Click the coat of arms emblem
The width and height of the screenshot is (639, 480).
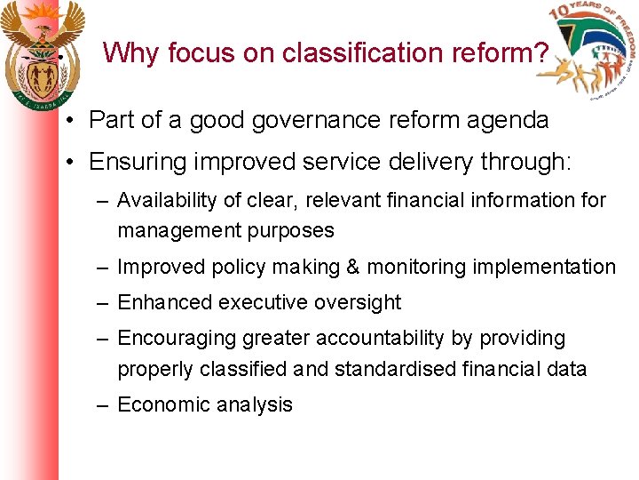(x=41, y=54)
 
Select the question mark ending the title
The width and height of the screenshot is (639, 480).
(x=540, y=53)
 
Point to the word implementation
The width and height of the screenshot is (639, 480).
(x=545, y=267)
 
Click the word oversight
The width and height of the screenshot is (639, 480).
(x=357, y=302)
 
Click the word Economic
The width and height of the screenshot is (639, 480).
(x=161, y=404)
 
